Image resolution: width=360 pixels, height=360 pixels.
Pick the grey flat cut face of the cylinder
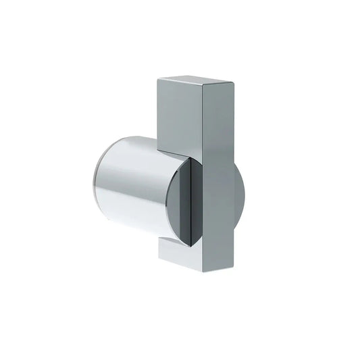[181, 203]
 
